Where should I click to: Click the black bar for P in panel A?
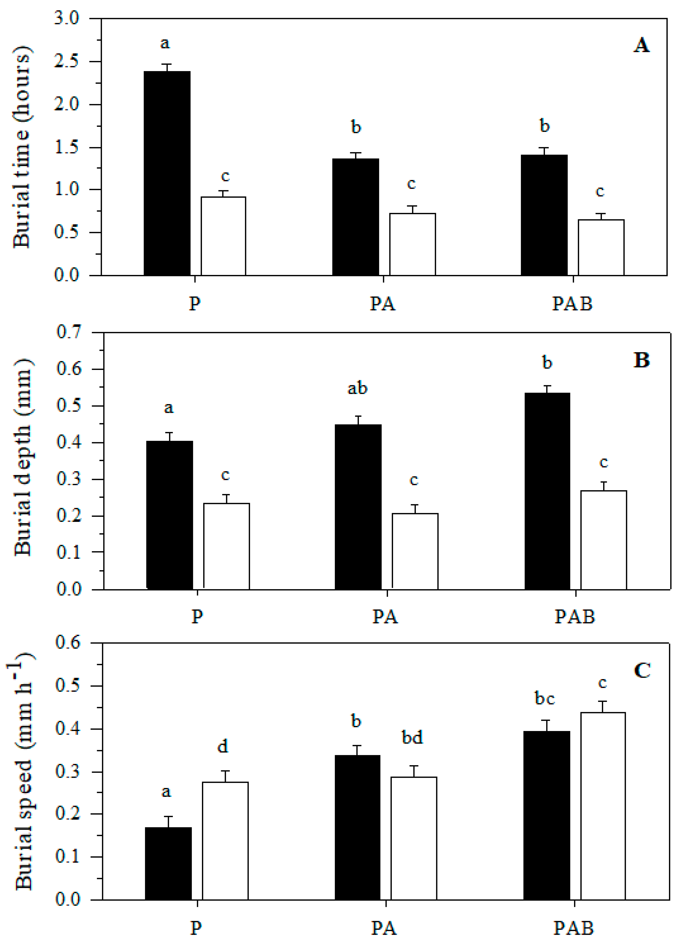167,173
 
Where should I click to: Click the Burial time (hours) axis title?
22,147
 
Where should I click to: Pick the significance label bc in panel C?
544,698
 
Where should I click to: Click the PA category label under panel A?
382,304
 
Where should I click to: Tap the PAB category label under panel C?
574,928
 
